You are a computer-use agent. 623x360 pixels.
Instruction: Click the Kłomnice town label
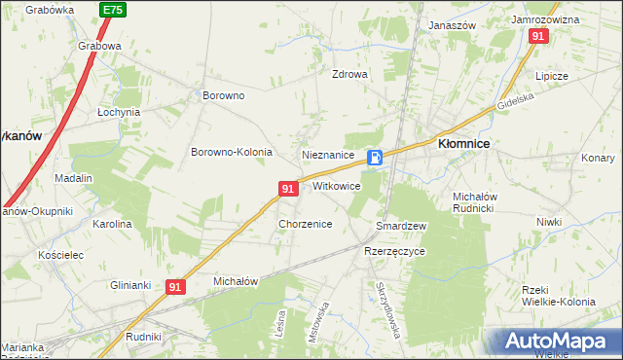tap(463, 143)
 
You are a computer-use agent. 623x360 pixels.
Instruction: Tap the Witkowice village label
tap(337, 186)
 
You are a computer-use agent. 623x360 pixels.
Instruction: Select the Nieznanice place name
tap(327, 155)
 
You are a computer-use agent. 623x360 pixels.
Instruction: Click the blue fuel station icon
tap(375, 158)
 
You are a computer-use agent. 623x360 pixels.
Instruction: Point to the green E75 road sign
tap(112, 10)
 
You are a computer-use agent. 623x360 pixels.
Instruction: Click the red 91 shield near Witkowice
tap(287, 189)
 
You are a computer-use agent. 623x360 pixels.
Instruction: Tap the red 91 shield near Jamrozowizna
tap(538, 35)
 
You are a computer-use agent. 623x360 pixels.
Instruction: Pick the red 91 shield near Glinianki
tap(175, 287)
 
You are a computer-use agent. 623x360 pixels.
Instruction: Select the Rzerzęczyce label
tap(394, 250)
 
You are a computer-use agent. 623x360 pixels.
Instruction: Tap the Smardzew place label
tap(401, 226)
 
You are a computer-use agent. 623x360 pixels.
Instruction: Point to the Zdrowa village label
tap(349, 74)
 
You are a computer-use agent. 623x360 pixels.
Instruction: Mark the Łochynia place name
tap(119, 112)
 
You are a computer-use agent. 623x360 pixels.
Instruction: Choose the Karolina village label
tap(112, 224)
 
